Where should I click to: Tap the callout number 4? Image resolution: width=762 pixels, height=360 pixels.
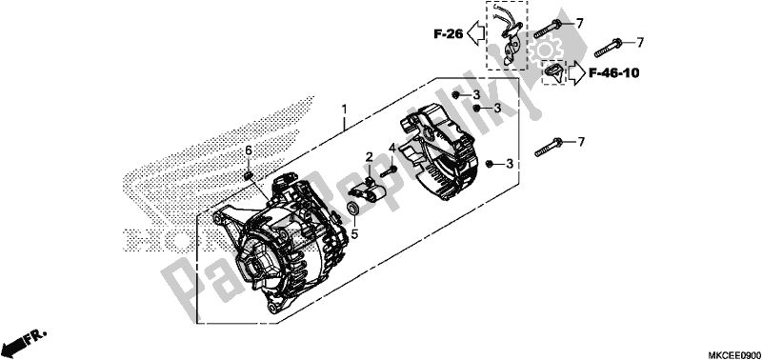pos(391,148)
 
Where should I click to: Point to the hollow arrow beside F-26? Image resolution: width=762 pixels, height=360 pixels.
pos(474,35)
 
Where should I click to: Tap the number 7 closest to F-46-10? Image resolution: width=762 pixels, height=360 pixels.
pos(640,42)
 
